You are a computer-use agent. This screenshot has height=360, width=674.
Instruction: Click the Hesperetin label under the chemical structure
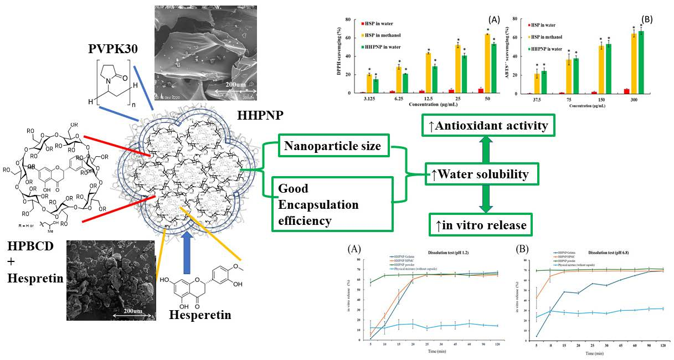(200, 316)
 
